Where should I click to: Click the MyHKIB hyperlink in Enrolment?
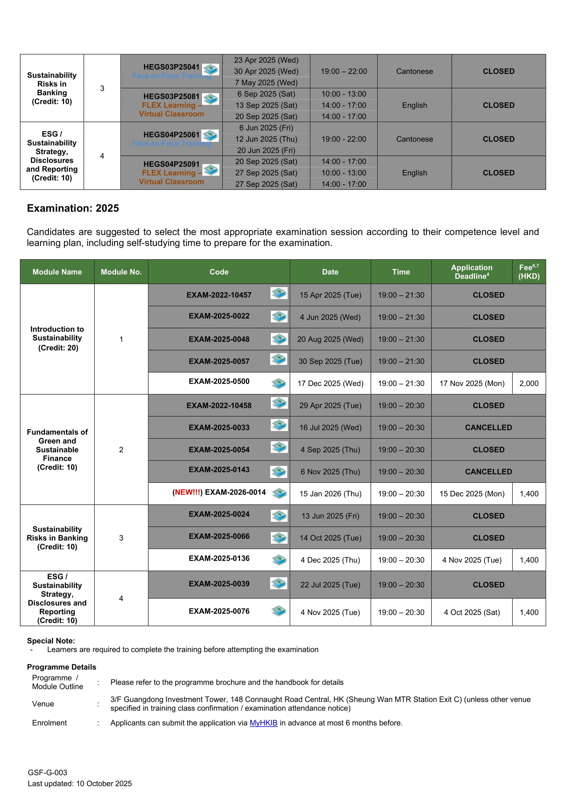pos(263,723)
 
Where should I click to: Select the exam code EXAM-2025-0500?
pos(219,381)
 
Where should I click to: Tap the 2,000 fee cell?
pos(529,383)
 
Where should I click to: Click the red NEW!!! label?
pos(188,492)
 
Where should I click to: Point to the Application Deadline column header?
pos(471,271)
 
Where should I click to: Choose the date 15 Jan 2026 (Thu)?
pos(330,494)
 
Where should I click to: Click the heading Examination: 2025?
pos(73,208)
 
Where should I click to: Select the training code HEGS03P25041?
pos(171,67)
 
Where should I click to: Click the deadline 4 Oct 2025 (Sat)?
pos(471,612)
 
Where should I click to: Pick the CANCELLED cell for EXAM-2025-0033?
pos(488,427)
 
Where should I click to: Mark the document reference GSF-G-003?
pos(48,772)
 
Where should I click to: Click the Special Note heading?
pos(51,641)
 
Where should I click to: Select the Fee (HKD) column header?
pos(529,271)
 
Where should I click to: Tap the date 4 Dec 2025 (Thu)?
pos(330,560)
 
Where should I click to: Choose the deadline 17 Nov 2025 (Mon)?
pos(471,383)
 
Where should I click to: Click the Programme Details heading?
pos(61,667)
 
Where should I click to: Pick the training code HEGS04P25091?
pos(171,164)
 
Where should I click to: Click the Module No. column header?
pos(121,272)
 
